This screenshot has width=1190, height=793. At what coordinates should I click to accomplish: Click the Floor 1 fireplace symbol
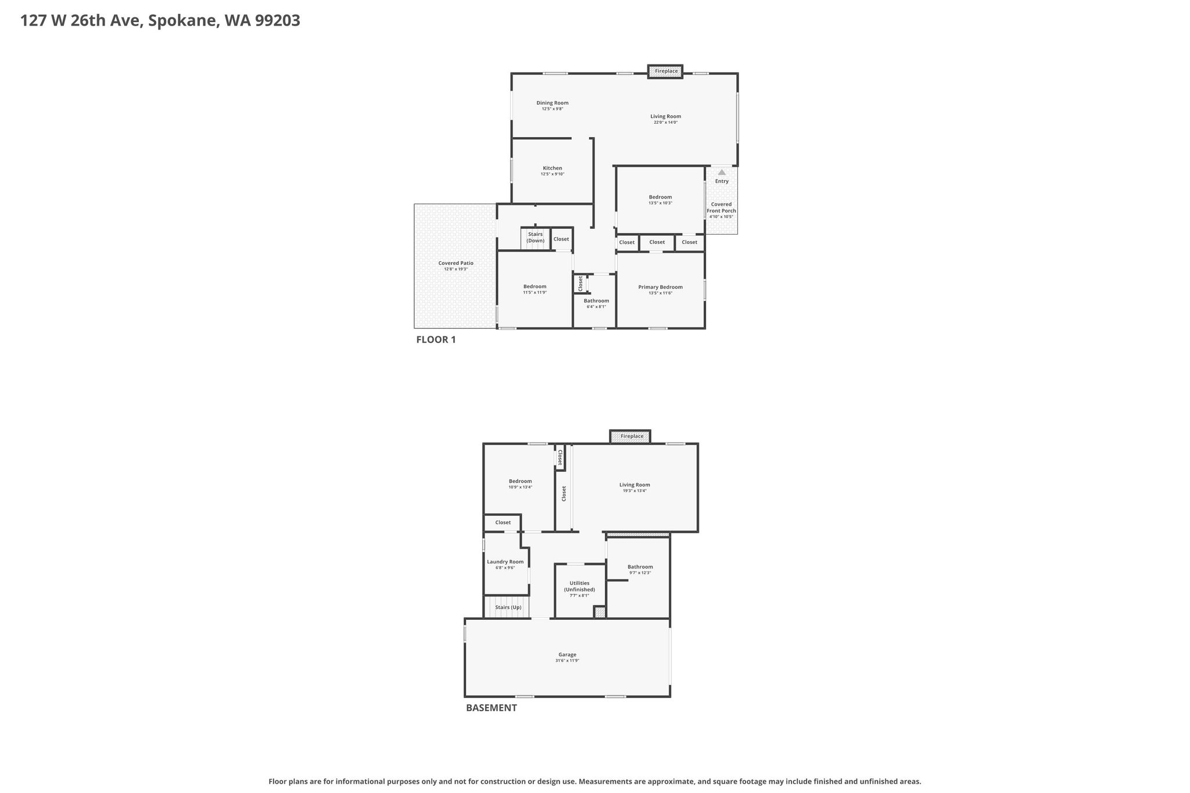(x=665, y=71)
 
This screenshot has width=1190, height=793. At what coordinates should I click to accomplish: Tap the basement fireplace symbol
(x=630, y=436)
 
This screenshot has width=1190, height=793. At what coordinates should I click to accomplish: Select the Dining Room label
(x=553, y=103)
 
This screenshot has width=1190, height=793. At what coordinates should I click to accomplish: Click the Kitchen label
(x=553, y=168)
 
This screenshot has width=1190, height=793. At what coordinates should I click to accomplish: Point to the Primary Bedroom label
(x=661, y=287)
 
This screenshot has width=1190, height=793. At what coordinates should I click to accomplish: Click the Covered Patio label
(x=456, y=263)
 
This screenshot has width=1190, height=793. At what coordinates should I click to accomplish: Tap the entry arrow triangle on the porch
(x=722, y=173)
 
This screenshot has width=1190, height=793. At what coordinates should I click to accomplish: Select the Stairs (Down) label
(x=536, y=238)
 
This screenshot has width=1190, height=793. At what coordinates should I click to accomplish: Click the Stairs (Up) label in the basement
(x=508, y=607)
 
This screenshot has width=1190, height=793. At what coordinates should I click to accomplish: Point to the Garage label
(x=568, y=655)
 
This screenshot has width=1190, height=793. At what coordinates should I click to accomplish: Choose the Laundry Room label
(x=506, y=562)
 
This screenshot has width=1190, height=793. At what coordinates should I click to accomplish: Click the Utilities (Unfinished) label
(x=579, y=586)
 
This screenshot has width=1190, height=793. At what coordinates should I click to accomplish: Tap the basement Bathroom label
(x=640, y=567)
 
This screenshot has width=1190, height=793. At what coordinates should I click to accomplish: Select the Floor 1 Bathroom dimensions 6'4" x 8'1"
(x=596, y=307)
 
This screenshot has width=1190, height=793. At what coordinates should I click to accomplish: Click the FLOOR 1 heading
(x=436, y=340)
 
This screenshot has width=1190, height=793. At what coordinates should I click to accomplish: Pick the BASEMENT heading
(x=492, y=708)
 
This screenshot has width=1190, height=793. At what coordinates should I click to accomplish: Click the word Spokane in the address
(x=183, y=21)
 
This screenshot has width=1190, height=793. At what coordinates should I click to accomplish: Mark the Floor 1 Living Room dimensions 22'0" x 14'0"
(x=666, y=123)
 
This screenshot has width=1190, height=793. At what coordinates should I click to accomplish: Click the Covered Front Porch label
(x=722, y=207)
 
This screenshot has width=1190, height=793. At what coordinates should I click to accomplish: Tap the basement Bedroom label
(x=521, y=481)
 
